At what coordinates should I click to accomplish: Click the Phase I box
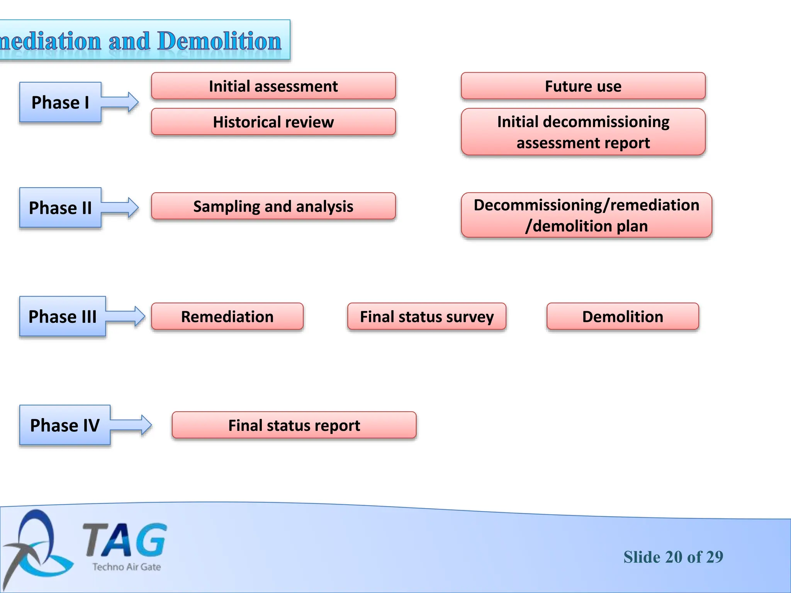60,102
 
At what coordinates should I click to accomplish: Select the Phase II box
60,208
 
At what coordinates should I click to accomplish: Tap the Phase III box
63,317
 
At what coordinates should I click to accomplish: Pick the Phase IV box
65,425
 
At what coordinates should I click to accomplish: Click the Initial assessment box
273,86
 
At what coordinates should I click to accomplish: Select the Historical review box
273,122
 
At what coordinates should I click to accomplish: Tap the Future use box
583,86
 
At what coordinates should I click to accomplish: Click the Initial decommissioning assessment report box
583,132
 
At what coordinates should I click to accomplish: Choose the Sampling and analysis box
273,206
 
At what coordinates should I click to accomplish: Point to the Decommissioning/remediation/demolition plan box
586,215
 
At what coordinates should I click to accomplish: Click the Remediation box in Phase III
227,317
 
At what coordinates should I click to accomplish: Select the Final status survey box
426,317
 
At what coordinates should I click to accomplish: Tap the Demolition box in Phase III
622,317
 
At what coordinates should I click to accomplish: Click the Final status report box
294,425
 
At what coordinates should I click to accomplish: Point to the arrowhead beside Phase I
132,102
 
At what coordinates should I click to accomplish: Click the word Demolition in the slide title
219,41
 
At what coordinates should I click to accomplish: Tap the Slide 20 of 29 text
673,557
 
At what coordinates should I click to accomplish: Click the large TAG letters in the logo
124,539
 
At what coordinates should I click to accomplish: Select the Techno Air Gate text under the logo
127,567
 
